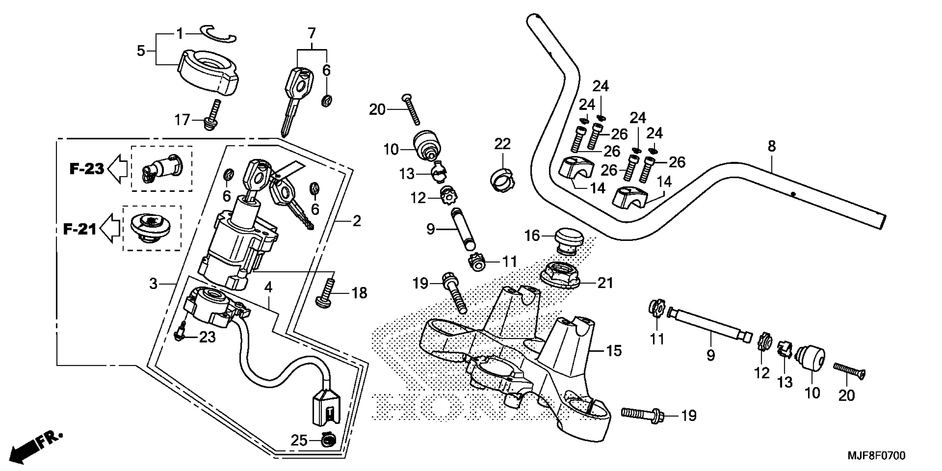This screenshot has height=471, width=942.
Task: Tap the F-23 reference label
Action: pyautogui.click(x=87, y=169)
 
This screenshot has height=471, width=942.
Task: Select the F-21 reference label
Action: pyautogui.click(x=80, y=229)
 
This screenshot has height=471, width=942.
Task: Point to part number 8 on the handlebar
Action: pyautogui.click(x=772, y=146)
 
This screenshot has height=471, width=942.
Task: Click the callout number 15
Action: pyautogui.click(x=614, y=351)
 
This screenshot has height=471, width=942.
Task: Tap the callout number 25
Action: pyautogui.click(x=299, y=441)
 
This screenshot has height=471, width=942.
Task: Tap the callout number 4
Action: pyautogui.click(x=268, y=287)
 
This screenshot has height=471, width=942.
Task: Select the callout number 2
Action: pyautogui.click(x=357, y=221)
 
